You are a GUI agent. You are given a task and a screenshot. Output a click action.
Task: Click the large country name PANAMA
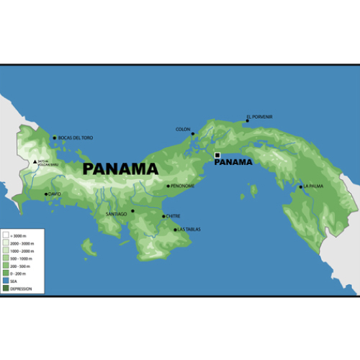[120, 169]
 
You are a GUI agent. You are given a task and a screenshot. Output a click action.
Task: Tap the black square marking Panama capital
[217, 155]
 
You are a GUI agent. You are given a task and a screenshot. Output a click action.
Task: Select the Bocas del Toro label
[76, 138]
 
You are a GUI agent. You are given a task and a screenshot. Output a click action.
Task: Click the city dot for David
[46, 194]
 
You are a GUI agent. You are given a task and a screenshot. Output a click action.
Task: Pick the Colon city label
[182, 130]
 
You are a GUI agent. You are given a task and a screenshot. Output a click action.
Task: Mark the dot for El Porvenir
[248, 121]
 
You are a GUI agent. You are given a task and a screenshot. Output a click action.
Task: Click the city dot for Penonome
[169, 186]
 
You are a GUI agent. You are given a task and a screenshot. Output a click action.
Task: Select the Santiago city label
[116, 214]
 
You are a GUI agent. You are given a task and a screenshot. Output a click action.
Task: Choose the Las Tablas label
[189, 230]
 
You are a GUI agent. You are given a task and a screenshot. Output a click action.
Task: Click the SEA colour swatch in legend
[5, 282]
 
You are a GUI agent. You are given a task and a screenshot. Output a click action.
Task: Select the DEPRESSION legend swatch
[5, 289]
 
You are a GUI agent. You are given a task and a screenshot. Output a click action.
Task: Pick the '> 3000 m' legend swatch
[5, 235]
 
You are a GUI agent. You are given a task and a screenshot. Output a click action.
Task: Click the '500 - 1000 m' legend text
[19, 258]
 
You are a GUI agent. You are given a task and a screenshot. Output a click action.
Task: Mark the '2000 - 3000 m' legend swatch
[5, 243]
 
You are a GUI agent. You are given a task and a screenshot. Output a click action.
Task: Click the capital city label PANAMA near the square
[234, 162]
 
